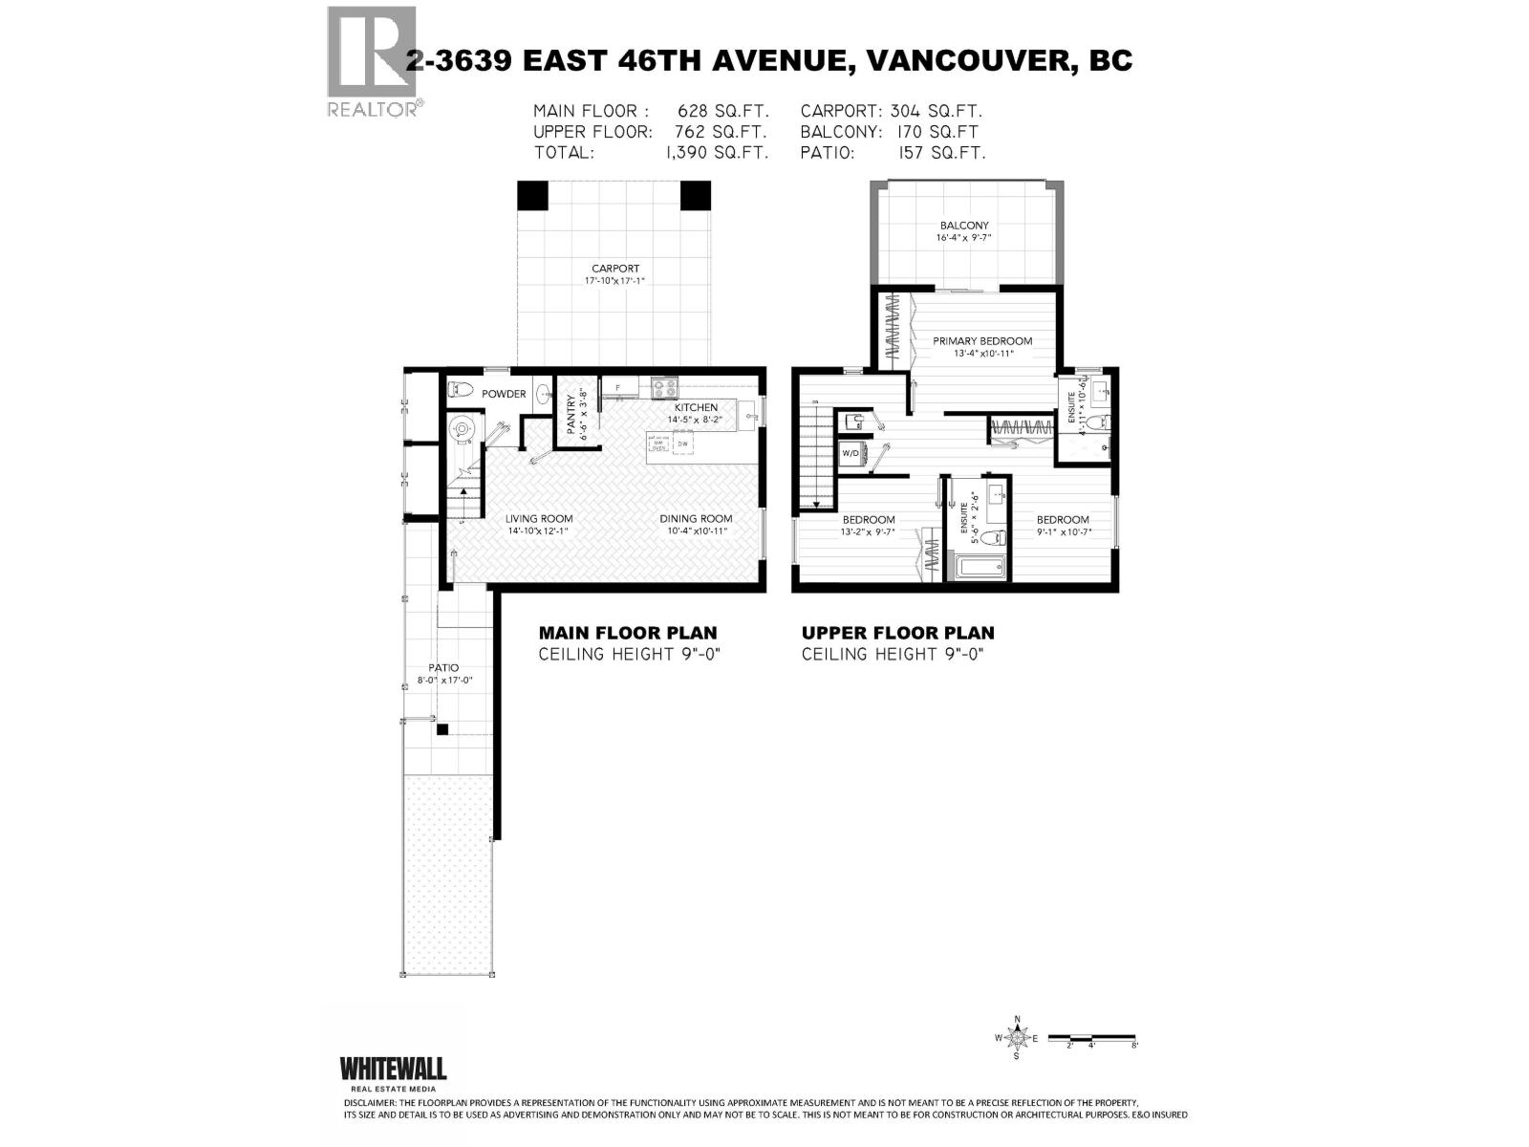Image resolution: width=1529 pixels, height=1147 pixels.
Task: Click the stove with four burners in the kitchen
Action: [x=664, y=388]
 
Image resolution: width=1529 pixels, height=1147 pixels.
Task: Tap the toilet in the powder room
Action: [x=461, y=391]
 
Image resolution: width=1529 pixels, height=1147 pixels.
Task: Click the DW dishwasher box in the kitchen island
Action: [x=682, y=444]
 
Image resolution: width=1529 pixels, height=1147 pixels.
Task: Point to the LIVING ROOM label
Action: [x=539, y=519]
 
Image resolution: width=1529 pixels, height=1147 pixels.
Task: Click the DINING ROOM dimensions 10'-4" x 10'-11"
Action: [x=695, y=531]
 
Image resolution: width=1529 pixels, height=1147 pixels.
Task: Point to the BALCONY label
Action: [x=963, y=226]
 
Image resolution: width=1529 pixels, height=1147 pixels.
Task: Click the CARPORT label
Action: [x=614, y=269]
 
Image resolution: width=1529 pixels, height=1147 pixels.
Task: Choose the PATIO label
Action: [x=443, y=668]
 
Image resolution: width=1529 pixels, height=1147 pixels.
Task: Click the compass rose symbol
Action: [x=1018, y=1037]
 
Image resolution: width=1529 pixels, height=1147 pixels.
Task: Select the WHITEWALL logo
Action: [x=393, y=1069]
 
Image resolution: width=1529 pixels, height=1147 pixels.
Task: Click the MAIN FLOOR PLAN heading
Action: [x=627, y=633]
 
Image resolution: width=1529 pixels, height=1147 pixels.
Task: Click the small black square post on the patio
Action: [x=441, y=730]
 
